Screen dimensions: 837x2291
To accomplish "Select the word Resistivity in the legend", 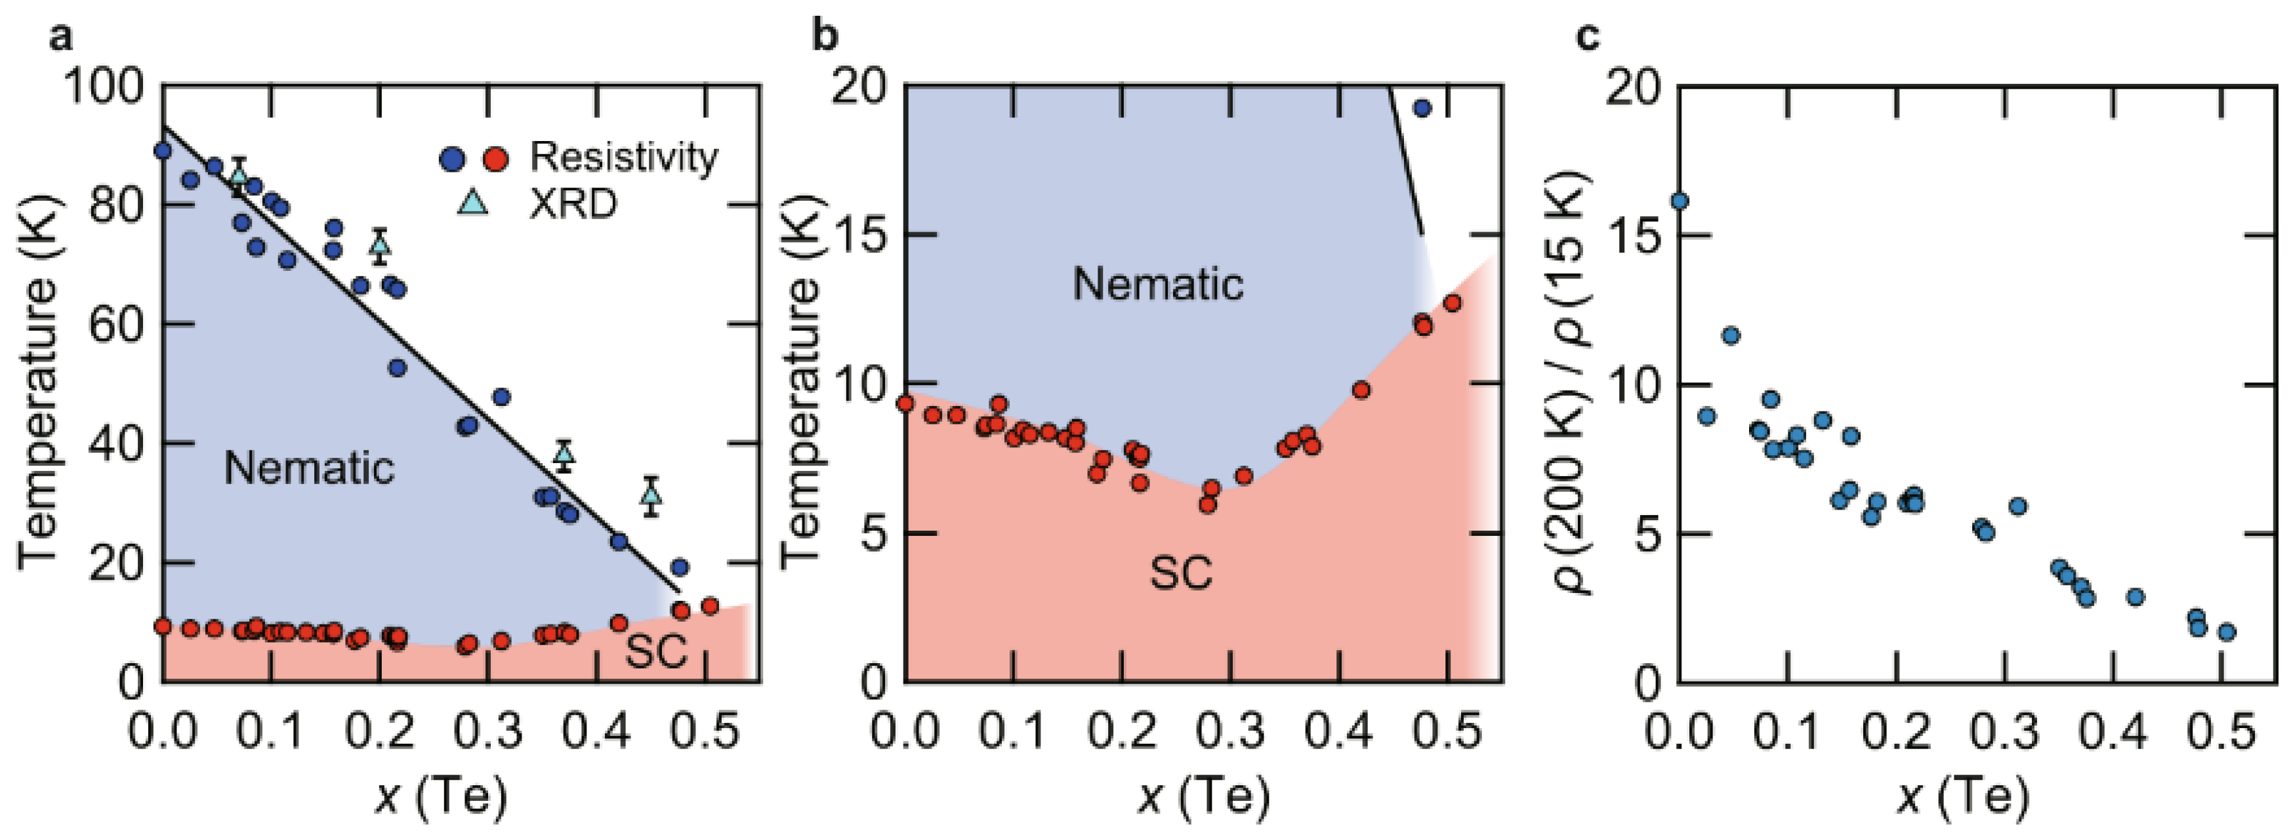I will click(623, 157).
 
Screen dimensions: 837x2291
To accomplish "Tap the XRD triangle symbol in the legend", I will click(472, 204).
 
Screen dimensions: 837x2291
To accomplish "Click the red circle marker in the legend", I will click(495, 159).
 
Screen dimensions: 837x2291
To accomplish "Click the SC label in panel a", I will click(656, 651).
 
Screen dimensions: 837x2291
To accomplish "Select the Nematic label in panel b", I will click(1158, 285).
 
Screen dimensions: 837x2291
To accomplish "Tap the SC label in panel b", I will click(1181, 574).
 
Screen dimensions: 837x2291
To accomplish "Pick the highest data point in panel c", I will click(1679, 202).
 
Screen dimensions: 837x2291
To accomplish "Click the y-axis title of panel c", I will click(1573, 382).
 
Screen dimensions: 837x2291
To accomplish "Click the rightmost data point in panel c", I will click(2226, 632).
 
